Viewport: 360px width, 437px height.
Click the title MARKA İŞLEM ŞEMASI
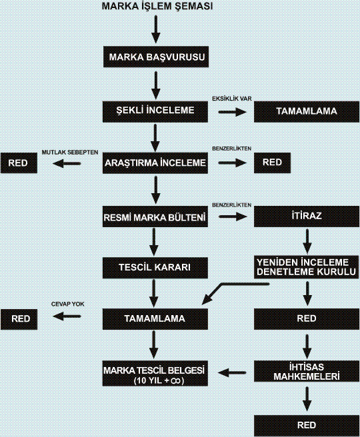click(157, 6)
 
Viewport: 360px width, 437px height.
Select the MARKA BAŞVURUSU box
click(156, 57)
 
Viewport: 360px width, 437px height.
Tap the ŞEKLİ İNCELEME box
click(155, 112)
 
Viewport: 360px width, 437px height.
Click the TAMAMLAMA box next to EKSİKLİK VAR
click(307, 112)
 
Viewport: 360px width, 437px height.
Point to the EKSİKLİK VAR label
click(232, 99)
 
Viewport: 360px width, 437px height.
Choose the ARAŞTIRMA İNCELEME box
click(155, 163)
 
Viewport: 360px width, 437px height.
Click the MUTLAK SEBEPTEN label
click(70, 152)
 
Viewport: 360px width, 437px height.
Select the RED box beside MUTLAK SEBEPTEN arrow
click(19, 163)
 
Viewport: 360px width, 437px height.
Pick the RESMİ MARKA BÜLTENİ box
click(155, 217)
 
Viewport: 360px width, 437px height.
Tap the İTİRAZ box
click(307, 217)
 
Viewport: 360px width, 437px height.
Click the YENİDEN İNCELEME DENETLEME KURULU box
click(307, 267)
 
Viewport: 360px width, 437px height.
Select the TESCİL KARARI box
click(155, 268)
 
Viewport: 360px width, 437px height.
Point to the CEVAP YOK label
click(68, 304)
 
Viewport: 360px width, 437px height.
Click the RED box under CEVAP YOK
click(19, 319)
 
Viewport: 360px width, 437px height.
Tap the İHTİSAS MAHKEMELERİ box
click(307, 371)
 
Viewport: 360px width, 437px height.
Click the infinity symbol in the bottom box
click(177, 381)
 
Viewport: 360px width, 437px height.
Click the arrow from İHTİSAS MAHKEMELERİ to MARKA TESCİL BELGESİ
click(232, 372)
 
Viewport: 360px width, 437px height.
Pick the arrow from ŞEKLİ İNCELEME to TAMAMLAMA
click(233, 112)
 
